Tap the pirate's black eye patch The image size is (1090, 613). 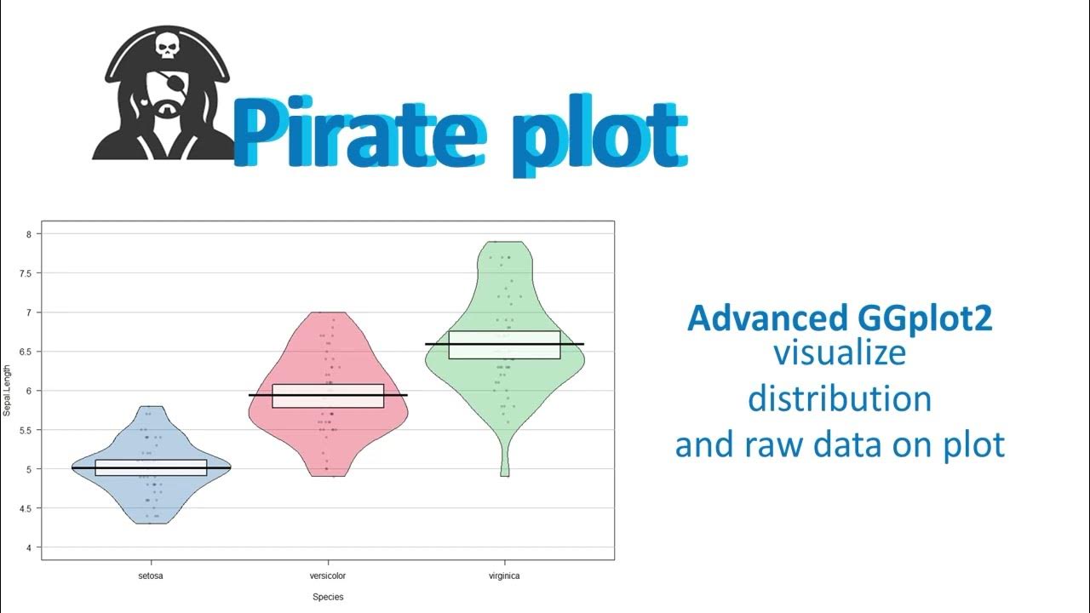tap(160, 84)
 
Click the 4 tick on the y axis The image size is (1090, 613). tap(31, 547)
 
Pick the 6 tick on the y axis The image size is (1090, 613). tap(31, 391)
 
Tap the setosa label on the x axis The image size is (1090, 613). tap(152, 576)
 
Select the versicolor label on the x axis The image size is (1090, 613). tap(328, 576)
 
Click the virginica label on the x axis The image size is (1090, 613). tap(504, 576)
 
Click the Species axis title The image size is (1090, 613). tap(328, 598)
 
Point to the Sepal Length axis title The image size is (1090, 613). tap(8, 391)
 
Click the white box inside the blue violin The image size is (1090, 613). tap(152, 467)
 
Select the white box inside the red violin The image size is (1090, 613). tap(328, 396)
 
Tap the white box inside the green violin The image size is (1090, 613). tap(504, 345)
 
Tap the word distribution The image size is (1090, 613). tap(840, 398)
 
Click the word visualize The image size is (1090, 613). tap(840, 353)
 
